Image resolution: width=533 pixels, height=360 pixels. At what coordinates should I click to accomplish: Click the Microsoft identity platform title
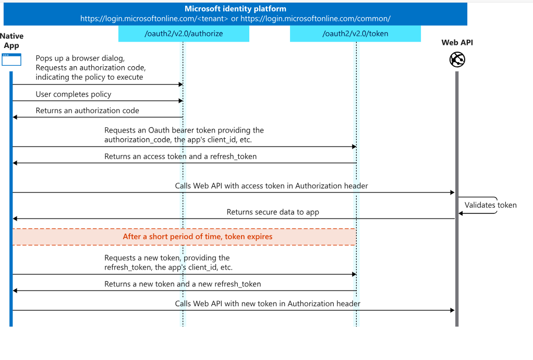pyautogui.click(x=235, y=9)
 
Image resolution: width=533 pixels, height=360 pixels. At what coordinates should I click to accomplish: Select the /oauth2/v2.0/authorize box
pyautogui.click(x=184, y=34)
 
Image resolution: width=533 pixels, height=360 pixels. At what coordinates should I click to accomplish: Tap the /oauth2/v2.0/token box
pyautogui.click(x=355, y=34)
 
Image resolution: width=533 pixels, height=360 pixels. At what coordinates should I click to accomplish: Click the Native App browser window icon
pyautogui.click(x=11, y=59)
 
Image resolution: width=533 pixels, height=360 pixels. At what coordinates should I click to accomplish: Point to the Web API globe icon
pyautogui.click(x=457, y=59)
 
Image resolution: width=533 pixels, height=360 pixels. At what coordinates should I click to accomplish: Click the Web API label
pyautogui.click(x=457, y=42)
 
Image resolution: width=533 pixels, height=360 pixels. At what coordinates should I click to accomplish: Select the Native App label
pyautogui.click(x=11, y=41)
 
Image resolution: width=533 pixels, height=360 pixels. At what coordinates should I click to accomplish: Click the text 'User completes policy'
pyautogui.click(x=74, y=94)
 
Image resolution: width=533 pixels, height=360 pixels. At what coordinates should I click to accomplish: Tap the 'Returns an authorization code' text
pyautogui.click(x=88, y=111)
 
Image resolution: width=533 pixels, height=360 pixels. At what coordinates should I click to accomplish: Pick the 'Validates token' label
pyautogui.click(x=491, y=205)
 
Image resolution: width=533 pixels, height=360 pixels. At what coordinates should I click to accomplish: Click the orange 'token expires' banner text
pyautogui.click(x=198, y=236)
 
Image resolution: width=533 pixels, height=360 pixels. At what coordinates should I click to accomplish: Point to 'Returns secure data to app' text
pyautogui.click(x=273, y=212)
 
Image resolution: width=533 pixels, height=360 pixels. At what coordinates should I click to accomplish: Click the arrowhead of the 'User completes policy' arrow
pyautogui.click(x=181, y=101)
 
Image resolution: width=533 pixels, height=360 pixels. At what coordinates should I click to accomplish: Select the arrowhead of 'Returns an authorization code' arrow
pyautogui.click(x=15, y=117)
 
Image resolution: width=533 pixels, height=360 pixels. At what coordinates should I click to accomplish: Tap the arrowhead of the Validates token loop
pyautogui.click(x=461, y=213)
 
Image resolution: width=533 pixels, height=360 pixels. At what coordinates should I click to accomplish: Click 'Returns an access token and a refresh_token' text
pyautogui.click(x=180, y=157)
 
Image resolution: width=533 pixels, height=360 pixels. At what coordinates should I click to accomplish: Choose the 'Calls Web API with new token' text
pyautogui.click(x=268, y=304)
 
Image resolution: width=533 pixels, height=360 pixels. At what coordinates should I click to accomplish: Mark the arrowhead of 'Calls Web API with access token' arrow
pyautogui.click(x=453, y=193)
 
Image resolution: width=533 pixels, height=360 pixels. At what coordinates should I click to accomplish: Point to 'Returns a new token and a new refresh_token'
pyautogui.click(x=183, y=284)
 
